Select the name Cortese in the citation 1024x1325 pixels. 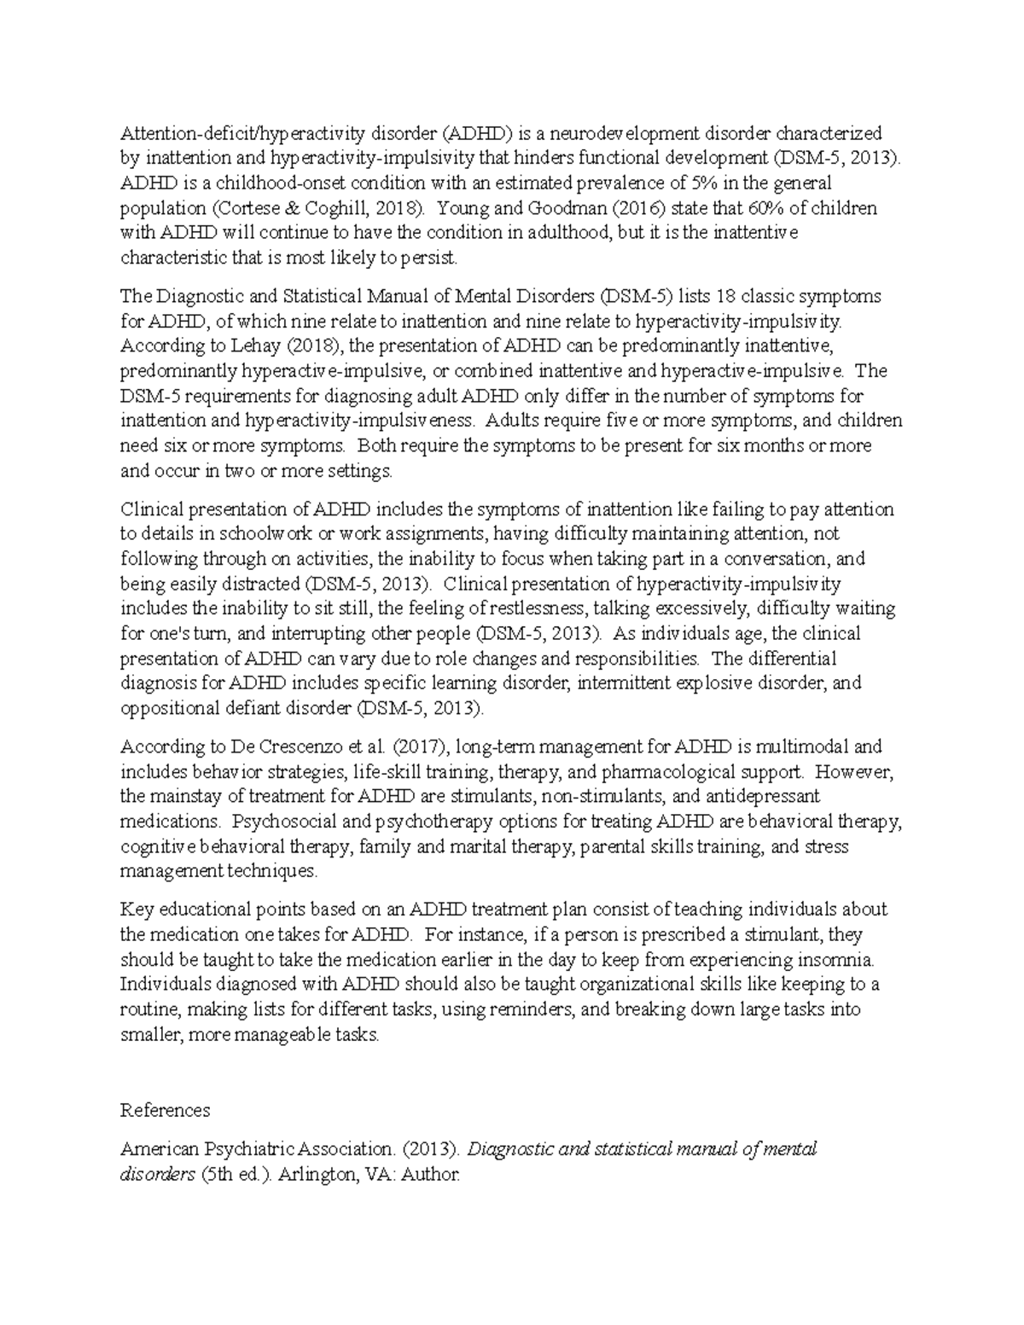[x=246, y=207]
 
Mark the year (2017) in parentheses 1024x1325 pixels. [x=420, y=747]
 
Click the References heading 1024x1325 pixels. [x=165, y=1110]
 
